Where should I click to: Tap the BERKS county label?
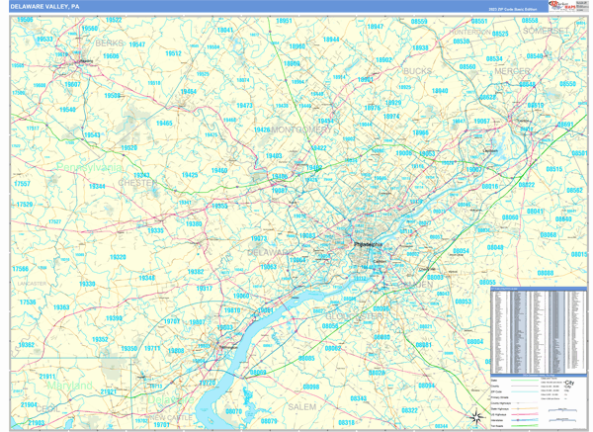pyautogui.click(x=109, y=44)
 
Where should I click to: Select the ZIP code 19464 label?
pyautogui.click(x=188, y=92)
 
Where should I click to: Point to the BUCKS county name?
pyautogui.click(x=418, y=72)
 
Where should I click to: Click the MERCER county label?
pyautogui.click(x=512, y=72)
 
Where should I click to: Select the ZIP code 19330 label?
pyautogui.click(x=88, y=285)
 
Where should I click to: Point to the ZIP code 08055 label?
pyautogui.click(x=487, y=283)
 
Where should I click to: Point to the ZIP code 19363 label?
pyautogui.click(x=61, y=307)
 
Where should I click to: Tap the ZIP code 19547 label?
pyautogui.click(x=137, y=44)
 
